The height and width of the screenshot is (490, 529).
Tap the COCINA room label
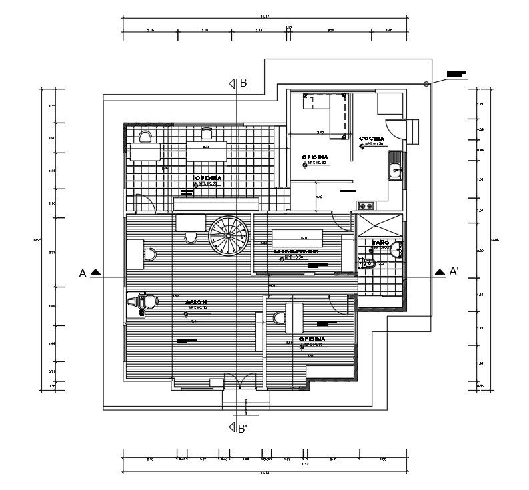[371, 139]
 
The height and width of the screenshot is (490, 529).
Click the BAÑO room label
[381, 243]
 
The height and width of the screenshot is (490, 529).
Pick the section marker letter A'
[454, 272]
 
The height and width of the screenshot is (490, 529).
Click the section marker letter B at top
[243, 83]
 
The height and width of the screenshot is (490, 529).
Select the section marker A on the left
[83, 273]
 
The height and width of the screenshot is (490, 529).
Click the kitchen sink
[394, 171]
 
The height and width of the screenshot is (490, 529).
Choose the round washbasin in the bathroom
[395, 250]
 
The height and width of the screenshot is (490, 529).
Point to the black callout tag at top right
[456, 73]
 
